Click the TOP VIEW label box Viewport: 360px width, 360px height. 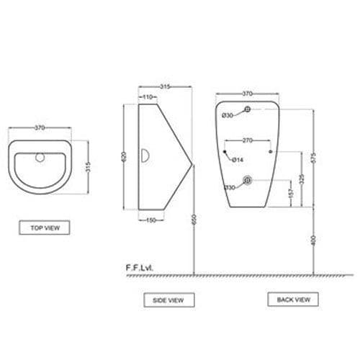pyautogui.click(x=45, y=228)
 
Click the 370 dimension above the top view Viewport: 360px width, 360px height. pyautogui.click(x=40, y=127)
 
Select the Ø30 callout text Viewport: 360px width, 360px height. pyautogui.click(x=226, y=115)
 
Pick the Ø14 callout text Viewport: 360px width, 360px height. pyautogui.click(x=234, y=158)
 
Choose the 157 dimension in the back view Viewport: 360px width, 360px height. pyautogui.click(x=289, y=194)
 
